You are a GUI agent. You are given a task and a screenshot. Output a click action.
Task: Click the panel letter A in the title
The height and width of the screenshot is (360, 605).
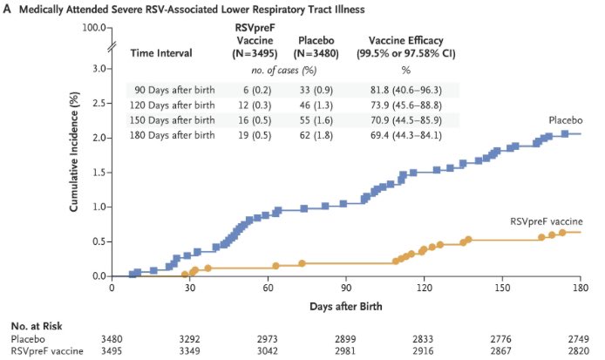tap(7, 9)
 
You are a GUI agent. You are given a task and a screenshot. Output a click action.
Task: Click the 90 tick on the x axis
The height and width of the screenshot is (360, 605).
tap(346, 289)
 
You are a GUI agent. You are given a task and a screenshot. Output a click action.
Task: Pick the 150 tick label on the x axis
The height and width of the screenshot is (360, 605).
tap(503, 289)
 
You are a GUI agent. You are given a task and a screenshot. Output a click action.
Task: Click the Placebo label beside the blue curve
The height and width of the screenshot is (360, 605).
tap(565, 119)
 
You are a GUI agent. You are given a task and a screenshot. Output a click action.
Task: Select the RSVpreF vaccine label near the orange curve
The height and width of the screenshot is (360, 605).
tap(546, 221)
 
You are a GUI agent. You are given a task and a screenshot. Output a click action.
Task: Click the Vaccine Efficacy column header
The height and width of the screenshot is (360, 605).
tap(405, 40)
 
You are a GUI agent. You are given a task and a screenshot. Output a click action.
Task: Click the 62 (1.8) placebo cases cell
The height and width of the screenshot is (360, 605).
tap(322, 135)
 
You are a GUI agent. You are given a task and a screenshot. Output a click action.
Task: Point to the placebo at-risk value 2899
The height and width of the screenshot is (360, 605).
tap(346, 337)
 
